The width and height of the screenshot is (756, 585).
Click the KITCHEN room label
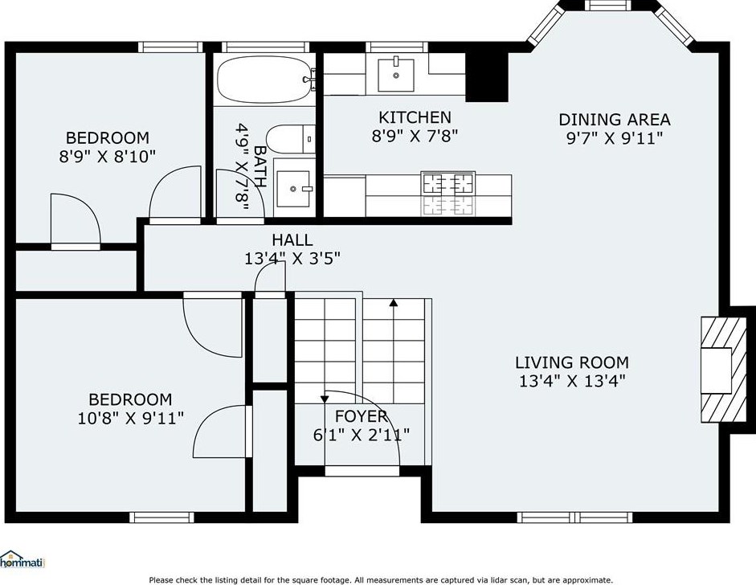415,117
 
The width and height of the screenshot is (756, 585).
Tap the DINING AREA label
615,119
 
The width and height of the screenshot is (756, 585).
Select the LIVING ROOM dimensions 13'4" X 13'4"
572,381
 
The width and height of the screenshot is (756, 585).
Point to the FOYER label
361,415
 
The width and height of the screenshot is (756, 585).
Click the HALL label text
292,239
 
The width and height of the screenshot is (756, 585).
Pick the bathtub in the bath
264,80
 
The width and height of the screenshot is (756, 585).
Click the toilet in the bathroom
290,139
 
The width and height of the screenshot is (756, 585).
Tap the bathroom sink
293,189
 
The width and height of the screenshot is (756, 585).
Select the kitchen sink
396,74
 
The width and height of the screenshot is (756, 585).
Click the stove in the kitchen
447,194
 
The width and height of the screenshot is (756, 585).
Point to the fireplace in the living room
723,370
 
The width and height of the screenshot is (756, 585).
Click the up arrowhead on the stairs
394,303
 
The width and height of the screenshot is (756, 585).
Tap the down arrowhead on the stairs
325,399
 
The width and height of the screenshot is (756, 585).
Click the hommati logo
22,559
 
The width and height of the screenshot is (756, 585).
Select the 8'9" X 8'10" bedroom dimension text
108,157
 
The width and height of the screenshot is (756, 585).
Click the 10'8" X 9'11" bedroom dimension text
131,418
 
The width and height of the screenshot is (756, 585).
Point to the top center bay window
608,6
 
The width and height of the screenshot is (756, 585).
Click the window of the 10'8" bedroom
161,517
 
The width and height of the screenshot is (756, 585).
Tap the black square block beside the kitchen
487,76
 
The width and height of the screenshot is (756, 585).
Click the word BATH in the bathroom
259,166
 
